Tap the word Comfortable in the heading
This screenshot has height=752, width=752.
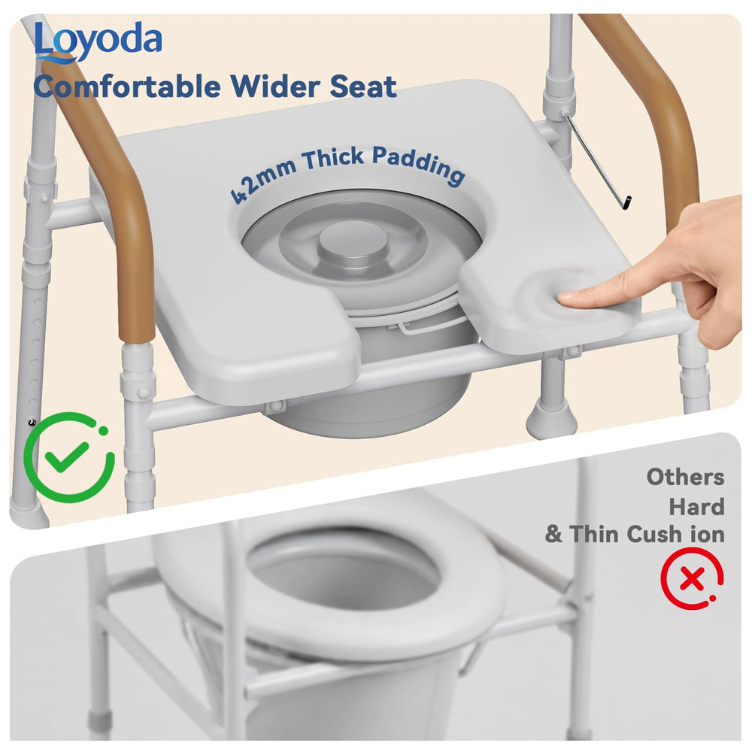(126, 86)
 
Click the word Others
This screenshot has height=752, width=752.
(685, 478)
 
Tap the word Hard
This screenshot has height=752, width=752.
(697, 506)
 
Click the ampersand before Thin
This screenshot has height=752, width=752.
(553, 534)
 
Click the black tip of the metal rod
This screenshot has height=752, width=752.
(626, 203)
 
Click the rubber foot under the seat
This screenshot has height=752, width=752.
(550, 419)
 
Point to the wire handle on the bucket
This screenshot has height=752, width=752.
(427, 329)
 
